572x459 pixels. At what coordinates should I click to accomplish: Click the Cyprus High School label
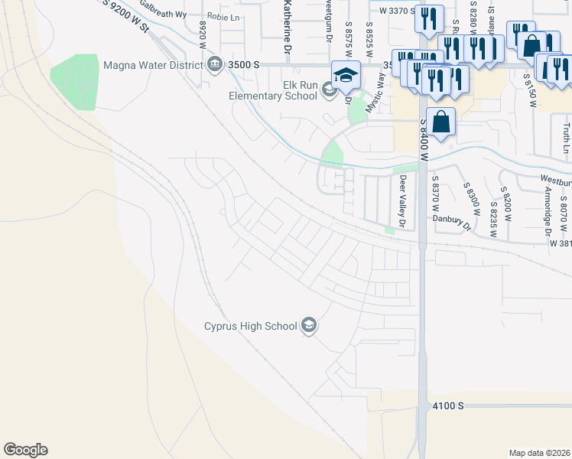click(250, 327)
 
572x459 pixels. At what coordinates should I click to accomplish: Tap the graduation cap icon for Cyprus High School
click(309, 326)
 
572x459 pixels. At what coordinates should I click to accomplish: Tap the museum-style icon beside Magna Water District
click(214, 63)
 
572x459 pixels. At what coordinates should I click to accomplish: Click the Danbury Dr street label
click(450, 219)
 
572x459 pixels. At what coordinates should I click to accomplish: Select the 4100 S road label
click(448, 405)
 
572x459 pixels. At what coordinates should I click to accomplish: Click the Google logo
click(25, 450)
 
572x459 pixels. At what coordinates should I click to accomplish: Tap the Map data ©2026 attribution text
click(539, 453)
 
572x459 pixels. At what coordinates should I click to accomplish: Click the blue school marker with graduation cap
click(346, 75)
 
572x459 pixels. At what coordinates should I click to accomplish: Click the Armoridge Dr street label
click(548, 209)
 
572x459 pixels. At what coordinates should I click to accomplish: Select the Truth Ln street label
click(567, 138)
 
